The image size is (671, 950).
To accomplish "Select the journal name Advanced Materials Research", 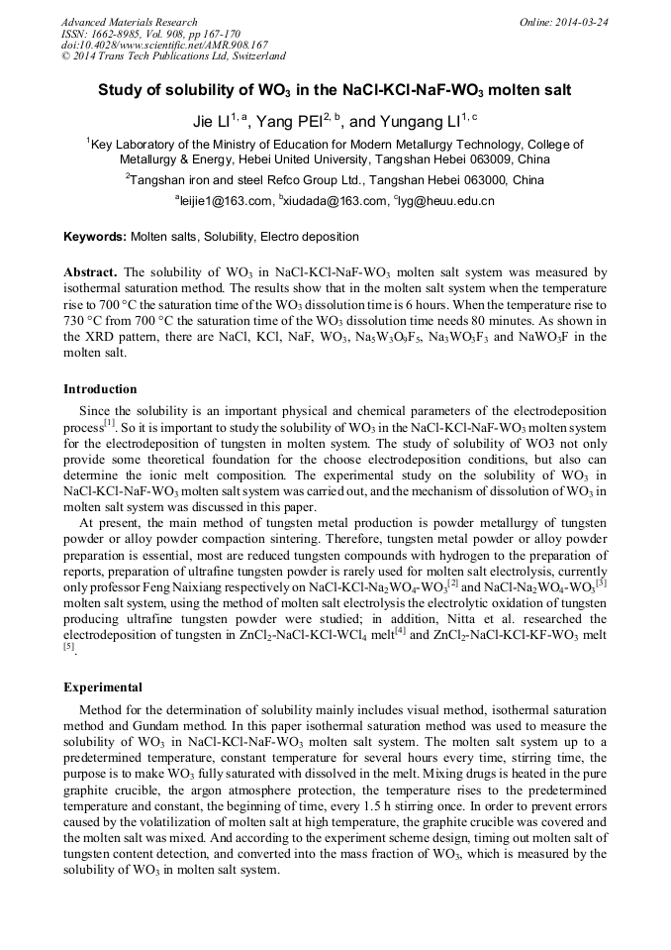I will click(130, 22).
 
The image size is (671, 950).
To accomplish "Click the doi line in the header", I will click(164, 46).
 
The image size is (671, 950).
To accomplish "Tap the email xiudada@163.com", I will click(334, 201).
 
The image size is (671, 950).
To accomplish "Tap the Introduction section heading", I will click(100, 389).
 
